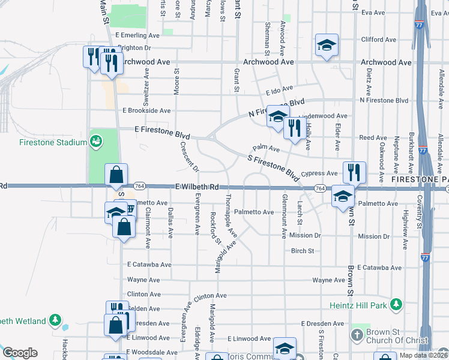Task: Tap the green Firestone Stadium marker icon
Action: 95,142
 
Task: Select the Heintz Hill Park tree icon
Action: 396,305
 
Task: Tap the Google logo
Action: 20,353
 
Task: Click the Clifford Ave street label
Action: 378,40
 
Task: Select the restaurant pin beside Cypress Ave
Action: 354,172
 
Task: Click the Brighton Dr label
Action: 133,47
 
